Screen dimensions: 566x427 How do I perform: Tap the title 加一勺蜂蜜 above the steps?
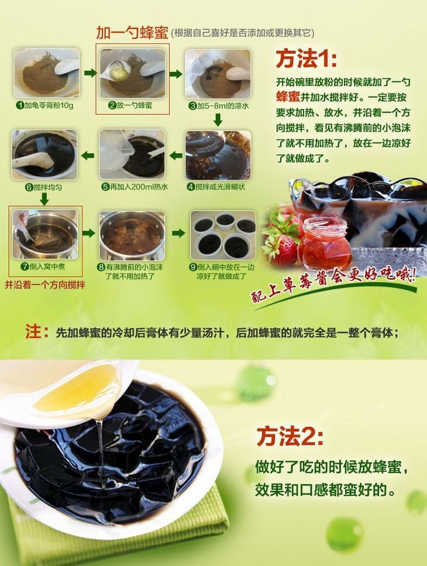(125, 33)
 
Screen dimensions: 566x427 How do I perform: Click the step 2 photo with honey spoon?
(132, 74)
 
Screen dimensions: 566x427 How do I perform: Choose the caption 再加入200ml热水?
(135, 187)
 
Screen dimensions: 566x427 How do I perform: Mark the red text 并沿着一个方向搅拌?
(45, 286)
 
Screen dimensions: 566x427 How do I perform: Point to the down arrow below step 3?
(218, 120)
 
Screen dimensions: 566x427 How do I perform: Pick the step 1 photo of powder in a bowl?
(47, 74)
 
